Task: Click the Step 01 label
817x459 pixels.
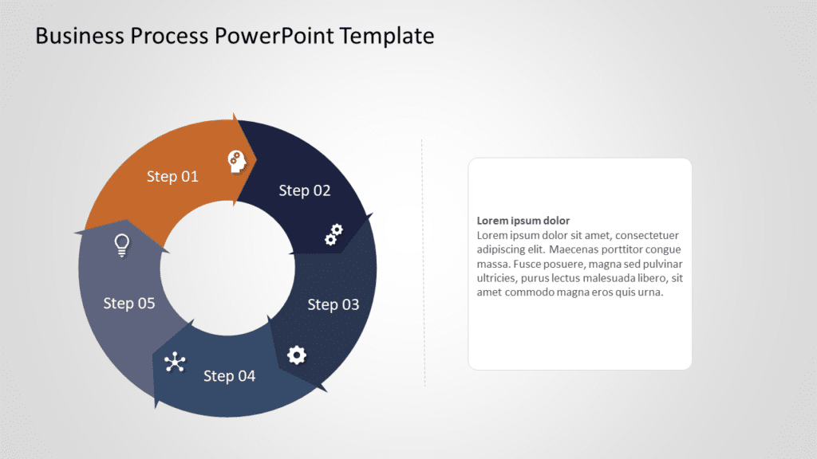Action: pos(172,176)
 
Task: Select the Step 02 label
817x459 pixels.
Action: pos(305,190)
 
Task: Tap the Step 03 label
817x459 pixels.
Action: pos(334,304)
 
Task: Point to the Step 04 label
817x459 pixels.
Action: pos(230,375)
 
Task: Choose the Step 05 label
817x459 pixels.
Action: pos(129,303)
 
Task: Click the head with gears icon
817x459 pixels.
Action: pos(237,162)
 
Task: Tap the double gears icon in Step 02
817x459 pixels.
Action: pos(334,234)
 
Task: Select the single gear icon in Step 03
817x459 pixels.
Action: pos(297,355)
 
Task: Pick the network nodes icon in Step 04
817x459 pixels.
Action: pos(175,363)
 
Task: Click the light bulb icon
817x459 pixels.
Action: pos(122,245)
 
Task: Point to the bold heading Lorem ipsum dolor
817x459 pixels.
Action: pos(523,221)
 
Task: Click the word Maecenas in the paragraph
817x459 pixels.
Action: pos(582,249)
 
